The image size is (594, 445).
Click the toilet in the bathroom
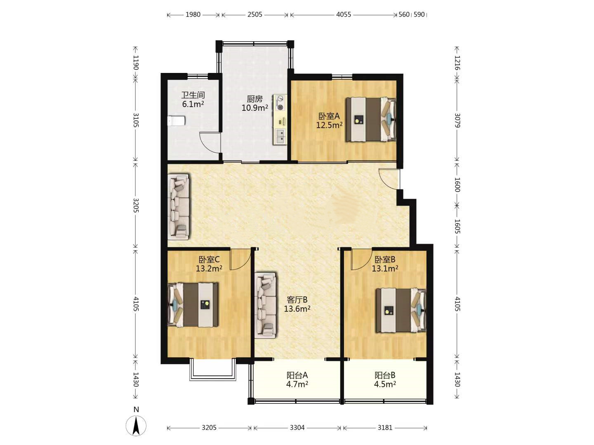pos(176,120)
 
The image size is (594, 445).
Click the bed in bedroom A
pos(371,119)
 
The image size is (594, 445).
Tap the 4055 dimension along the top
pos(344,14)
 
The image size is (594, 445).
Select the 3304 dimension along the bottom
pos(297,427)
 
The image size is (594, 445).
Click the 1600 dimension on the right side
pos(457,185)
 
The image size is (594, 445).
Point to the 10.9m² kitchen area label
pos(255,108)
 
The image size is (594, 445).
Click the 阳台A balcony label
pos(297,375)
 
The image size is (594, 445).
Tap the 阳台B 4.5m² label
pos(385,379)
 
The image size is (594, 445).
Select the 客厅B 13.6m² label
pos(297,304)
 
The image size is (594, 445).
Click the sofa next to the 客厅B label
pos(265,305)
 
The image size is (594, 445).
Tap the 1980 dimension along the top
pos(193,14)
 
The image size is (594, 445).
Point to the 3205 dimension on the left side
pos(136,205)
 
